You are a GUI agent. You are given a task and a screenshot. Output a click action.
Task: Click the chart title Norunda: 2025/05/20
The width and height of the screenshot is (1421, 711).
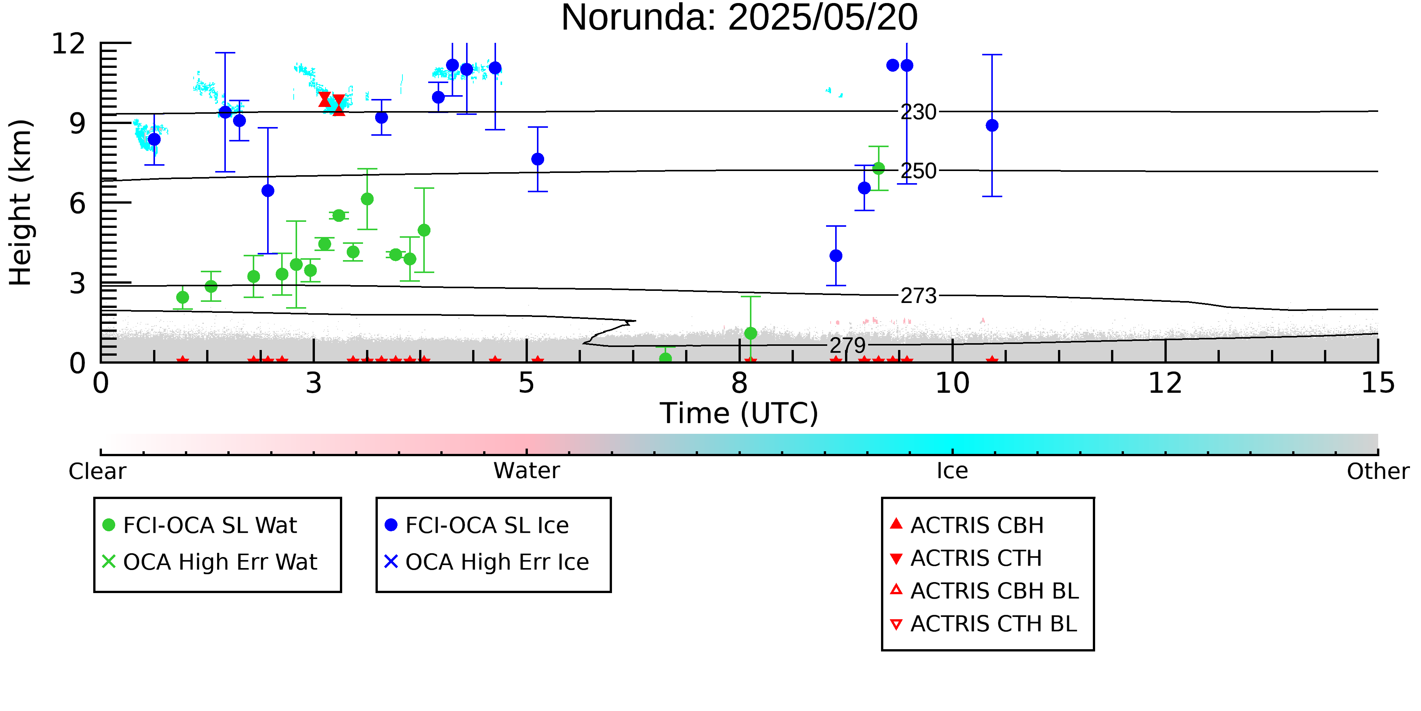[739, 18]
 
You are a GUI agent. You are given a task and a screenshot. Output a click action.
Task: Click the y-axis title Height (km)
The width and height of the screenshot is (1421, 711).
[21, 202]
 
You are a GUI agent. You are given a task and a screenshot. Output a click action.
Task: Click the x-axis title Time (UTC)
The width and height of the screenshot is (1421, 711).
[739, 413]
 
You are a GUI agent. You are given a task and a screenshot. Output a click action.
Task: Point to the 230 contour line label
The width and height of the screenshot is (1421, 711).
[919, 112]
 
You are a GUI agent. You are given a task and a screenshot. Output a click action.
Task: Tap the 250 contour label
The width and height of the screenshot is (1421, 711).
[919, 171]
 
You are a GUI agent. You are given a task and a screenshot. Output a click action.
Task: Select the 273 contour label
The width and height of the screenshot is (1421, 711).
[919, 296]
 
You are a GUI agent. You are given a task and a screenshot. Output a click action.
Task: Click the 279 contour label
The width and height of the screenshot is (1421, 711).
[848, 345]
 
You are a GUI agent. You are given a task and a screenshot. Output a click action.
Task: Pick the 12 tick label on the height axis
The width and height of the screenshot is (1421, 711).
[69, 44]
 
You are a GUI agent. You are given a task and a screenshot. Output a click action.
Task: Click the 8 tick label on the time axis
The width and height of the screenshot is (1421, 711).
[739, 383]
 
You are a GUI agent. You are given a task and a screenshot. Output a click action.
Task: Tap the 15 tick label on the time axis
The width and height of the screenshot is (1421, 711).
[1378, 383]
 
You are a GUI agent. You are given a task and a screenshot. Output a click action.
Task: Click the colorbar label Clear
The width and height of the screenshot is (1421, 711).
[97, 471]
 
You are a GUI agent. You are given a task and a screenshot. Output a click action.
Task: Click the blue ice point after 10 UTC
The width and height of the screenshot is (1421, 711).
[992, 125]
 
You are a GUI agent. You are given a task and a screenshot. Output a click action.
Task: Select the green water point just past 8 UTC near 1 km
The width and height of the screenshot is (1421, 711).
[750, 333]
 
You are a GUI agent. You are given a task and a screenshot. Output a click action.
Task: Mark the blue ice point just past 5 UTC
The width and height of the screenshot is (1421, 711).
[537, 159]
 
